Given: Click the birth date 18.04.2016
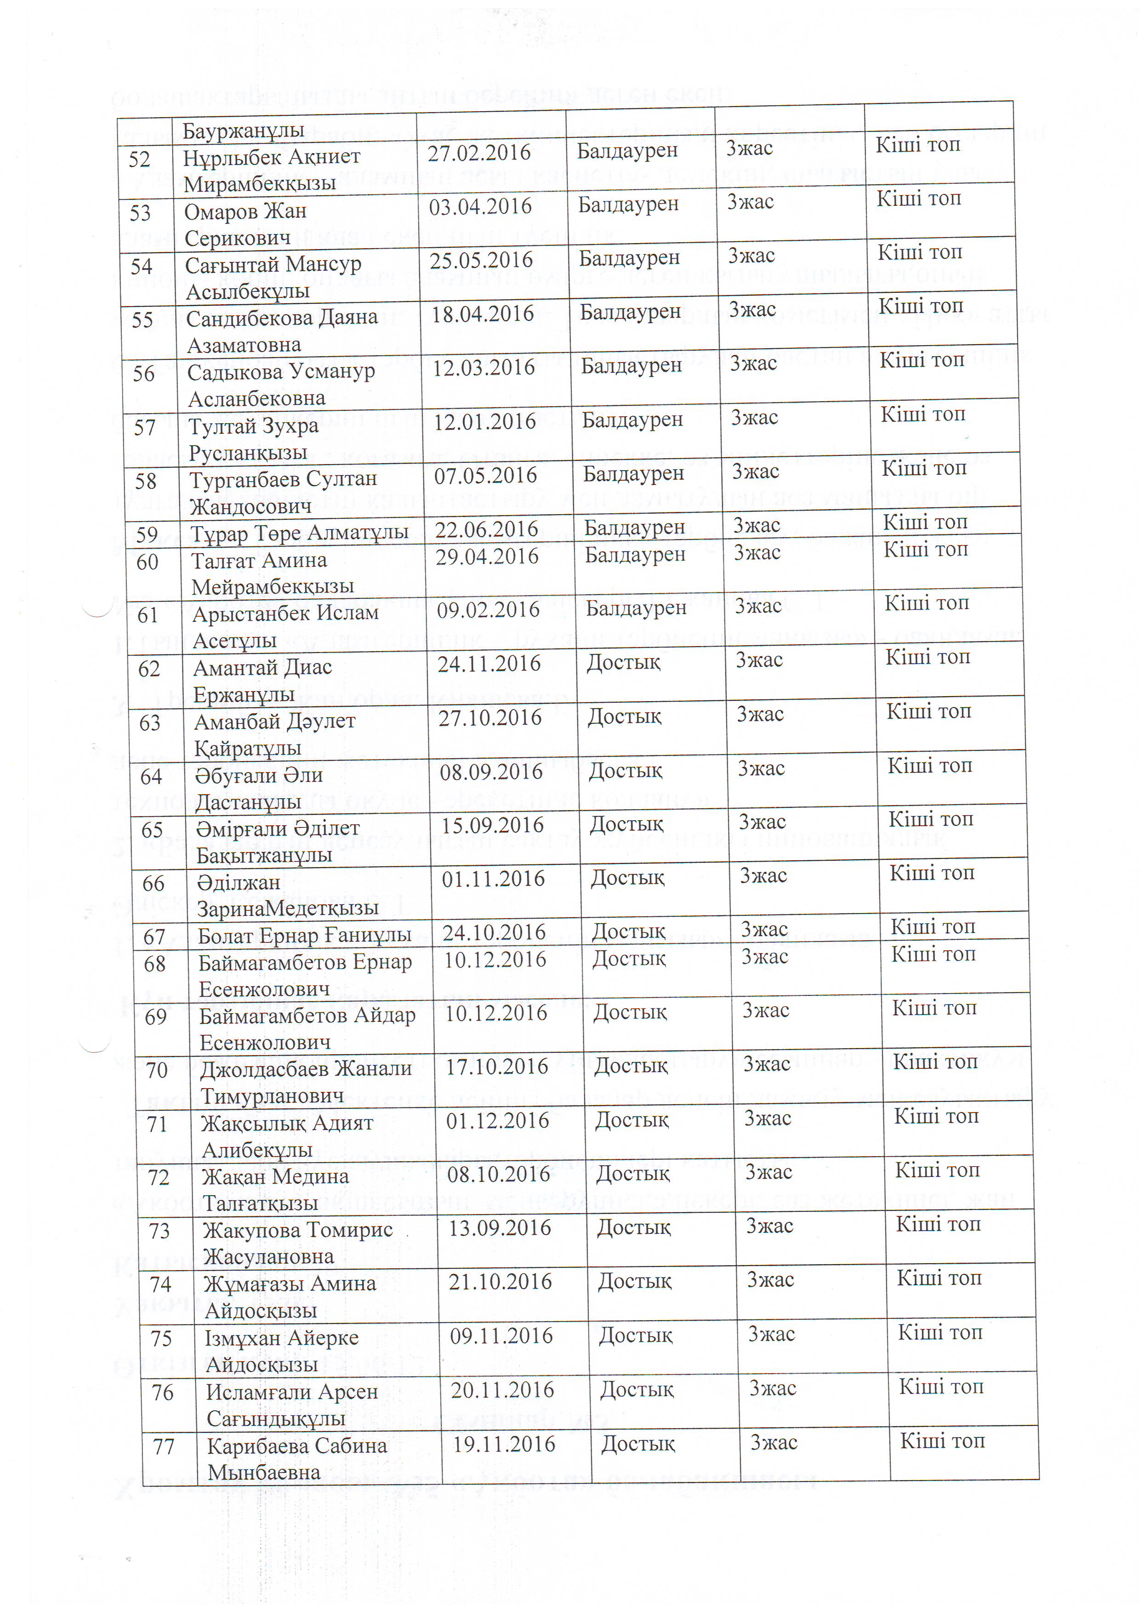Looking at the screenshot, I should [x=483, y=314].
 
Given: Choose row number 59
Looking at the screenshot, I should [x=147, y=535].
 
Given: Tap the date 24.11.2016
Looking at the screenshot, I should [x=489, y=664].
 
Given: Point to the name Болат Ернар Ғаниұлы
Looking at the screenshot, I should [x=304, y=935].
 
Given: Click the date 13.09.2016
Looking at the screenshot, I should [x=499, y=1228].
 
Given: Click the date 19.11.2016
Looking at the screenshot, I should [x=504, y=1444].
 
